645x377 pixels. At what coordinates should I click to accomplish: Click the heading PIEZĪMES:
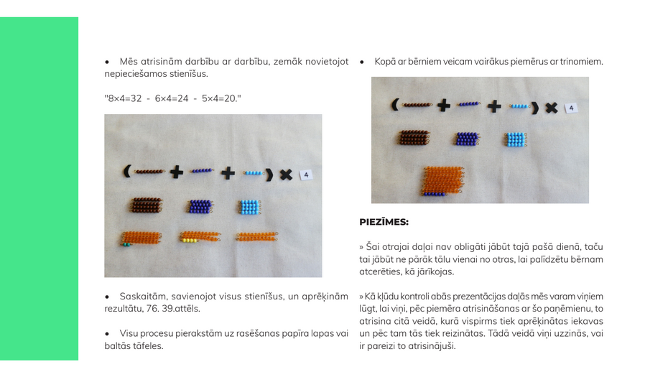click(x=384, y=222)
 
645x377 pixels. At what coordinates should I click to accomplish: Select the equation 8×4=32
click(x=124, y=98)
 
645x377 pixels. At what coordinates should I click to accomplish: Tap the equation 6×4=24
click(x=172, y=98)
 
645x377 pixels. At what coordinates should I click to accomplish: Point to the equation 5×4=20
click(x=219, y=98)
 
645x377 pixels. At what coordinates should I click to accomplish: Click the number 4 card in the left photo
click(x=306, y=175)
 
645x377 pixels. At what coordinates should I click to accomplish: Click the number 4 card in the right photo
click(x=571, y=108)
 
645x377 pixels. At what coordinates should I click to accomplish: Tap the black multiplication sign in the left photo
click(x=287, y=174)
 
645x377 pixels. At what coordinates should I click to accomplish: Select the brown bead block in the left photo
click(x=147, y=205)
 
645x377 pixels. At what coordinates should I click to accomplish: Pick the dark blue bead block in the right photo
click(x=467, y=139)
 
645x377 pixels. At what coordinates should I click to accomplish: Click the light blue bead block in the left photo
click(x=250, y=207)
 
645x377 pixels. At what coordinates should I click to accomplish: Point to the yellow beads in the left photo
click(x=189, y=241)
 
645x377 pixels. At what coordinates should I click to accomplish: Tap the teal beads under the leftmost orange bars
click(x=126, y=245)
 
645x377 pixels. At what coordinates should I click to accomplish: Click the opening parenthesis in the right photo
click(x=394, y=104)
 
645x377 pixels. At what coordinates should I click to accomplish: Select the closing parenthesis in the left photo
click(x=269, y=174)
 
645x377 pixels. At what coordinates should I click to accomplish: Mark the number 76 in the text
click(x=152, y=309)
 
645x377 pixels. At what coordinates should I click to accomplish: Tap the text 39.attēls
click(x=181, y=309)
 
